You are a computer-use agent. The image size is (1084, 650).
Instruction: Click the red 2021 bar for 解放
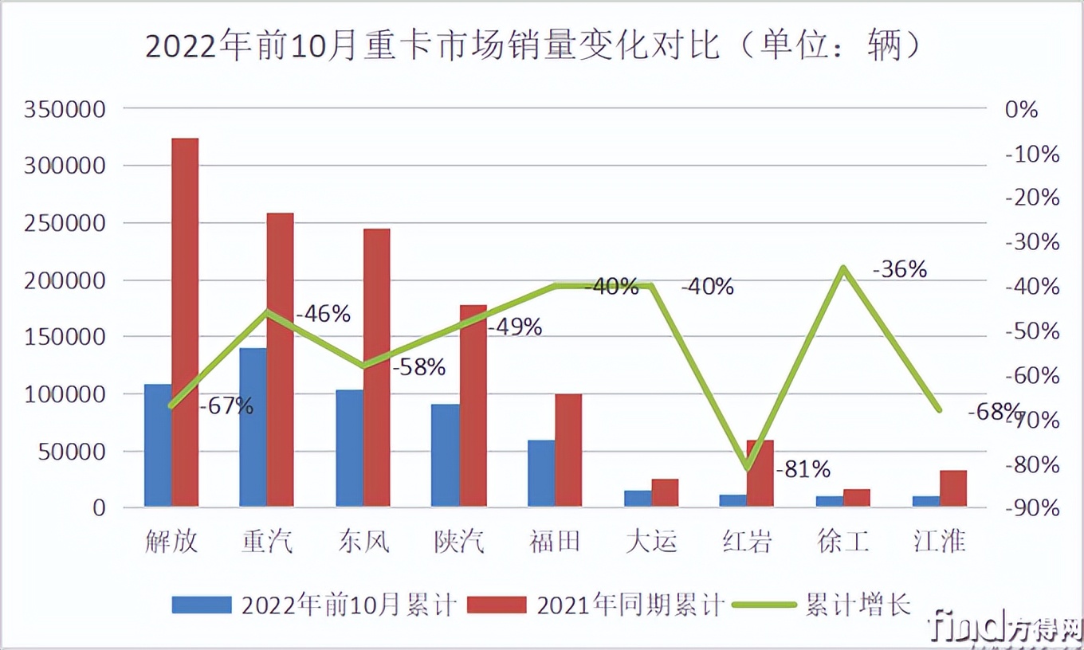tap(185, 323)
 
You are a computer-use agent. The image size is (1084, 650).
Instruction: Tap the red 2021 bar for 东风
tap(376, 367)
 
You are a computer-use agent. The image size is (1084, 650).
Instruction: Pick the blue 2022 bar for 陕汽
tap(445, 455)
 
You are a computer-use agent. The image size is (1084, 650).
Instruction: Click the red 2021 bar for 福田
tap(568, 450)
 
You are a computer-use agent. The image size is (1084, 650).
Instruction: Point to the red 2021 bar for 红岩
tap(760, 473)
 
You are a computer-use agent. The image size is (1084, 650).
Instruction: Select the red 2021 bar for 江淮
tap(952, 488)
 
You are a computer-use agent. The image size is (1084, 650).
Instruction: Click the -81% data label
tap(803, 469)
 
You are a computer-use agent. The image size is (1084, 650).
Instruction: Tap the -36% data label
tap(900, 270)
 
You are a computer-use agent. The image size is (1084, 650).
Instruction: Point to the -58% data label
tap(418, 367)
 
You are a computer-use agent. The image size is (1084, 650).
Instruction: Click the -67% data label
tap(226, 406)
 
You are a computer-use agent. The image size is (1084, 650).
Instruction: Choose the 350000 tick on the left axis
tap(65, 109)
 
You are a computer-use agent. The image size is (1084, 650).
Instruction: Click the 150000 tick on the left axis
tap(65, 337)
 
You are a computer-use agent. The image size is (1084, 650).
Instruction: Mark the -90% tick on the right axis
tap(1032, 508)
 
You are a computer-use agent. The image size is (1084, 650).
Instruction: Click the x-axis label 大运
tap(652, 542)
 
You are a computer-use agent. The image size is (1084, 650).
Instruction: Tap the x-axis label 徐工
tap(843, 542)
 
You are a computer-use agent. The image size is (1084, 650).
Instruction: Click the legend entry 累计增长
tap(858, 605)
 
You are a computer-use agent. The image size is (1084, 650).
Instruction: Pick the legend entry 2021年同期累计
tap(630, 605)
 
